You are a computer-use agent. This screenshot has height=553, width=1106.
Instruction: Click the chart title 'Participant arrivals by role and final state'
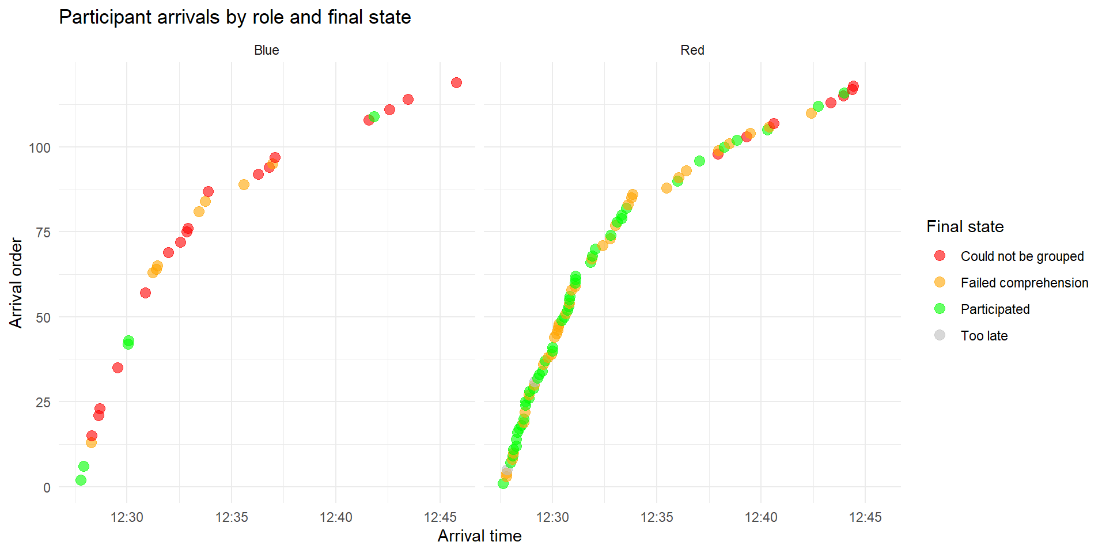(234, 17)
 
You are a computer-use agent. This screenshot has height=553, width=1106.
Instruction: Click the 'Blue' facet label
(266, 50)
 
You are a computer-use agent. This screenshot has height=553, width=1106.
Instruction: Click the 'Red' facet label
(692, 50)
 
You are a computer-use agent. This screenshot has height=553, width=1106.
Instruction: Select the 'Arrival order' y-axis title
(16, 283)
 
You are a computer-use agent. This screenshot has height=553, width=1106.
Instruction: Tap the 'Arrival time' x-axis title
(479, 536)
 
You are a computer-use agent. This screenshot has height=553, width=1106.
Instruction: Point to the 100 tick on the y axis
(40, 148)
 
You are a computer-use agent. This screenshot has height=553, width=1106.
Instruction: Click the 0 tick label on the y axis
(47, 488)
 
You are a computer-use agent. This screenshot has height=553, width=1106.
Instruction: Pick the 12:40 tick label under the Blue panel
(336, 517)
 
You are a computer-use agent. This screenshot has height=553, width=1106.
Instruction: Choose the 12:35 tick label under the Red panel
(657, 517)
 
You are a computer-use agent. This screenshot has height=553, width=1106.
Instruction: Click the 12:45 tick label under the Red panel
(865, 517)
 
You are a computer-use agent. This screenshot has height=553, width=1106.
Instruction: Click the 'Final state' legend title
(965, 226)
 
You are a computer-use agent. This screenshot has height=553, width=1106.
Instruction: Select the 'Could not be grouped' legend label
(1022, 256)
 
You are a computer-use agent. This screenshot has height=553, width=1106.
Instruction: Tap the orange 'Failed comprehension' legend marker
(940, 282)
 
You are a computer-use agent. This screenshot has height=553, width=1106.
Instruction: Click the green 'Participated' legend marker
(940, 309)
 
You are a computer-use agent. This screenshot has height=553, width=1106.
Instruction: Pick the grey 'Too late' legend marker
(940, 335)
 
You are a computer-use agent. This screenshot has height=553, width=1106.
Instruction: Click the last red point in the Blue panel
(456, 83)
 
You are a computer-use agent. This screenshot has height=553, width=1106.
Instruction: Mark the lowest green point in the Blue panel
(81, 480)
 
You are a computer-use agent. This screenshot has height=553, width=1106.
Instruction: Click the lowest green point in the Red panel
(503, 483)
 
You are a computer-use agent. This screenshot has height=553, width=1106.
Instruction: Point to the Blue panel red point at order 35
(118, 368)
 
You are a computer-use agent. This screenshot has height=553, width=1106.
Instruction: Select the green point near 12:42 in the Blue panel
(374, 117)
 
